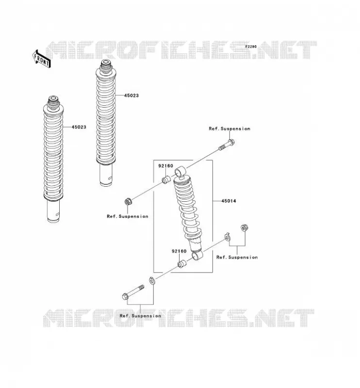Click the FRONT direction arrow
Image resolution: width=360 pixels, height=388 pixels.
[42, 59]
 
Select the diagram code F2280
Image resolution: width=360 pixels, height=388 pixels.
[251, 47]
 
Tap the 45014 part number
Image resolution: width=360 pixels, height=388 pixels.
[229, 201]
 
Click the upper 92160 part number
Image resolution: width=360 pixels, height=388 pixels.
[165, 166]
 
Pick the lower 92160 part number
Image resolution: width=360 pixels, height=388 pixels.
[179, 251]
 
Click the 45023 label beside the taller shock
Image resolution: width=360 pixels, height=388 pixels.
[131, 96]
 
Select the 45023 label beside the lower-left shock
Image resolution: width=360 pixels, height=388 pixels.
[79, 127]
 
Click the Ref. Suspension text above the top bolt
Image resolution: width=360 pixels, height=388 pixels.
[229, 129]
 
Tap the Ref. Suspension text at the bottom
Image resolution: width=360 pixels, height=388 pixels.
[140, 316]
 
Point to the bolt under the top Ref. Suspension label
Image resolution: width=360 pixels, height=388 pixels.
[227, 145]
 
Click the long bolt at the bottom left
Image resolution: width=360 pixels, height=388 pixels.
[133, 292]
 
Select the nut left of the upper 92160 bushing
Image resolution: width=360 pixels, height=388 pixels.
[128, 201]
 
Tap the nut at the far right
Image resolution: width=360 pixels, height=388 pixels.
[245, 227]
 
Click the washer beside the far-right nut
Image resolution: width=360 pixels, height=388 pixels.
[227, 237]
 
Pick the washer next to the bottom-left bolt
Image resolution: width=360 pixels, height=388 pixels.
[152, 281]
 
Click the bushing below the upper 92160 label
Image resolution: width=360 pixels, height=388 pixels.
[166, 179]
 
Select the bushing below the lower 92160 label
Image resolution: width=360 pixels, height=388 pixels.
[182, 264]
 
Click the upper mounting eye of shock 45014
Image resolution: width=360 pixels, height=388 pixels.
[180, 172]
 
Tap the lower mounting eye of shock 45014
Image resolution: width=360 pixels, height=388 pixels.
[197, 256]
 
